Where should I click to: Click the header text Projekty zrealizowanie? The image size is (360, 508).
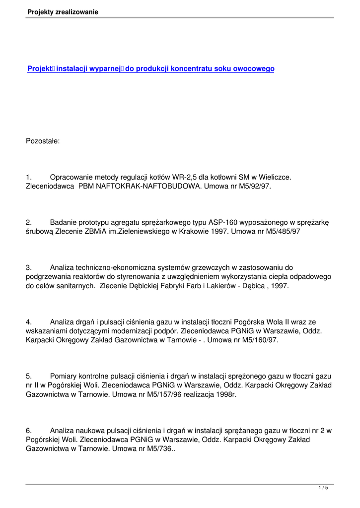tap(63, 12)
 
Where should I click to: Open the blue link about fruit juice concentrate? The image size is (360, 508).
tap(150, 69)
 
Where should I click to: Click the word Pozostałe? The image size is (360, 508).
tap(43, 141)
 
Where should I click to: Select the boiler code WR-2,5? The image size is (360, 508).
tap(184, 177)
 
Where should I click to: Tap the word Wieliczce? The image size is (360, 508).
tap(272, 177)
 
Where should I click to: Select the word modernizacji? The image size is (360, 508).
tap(131, 331)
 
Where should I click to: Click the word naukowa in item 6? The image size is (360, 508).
tap(89, 432)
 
